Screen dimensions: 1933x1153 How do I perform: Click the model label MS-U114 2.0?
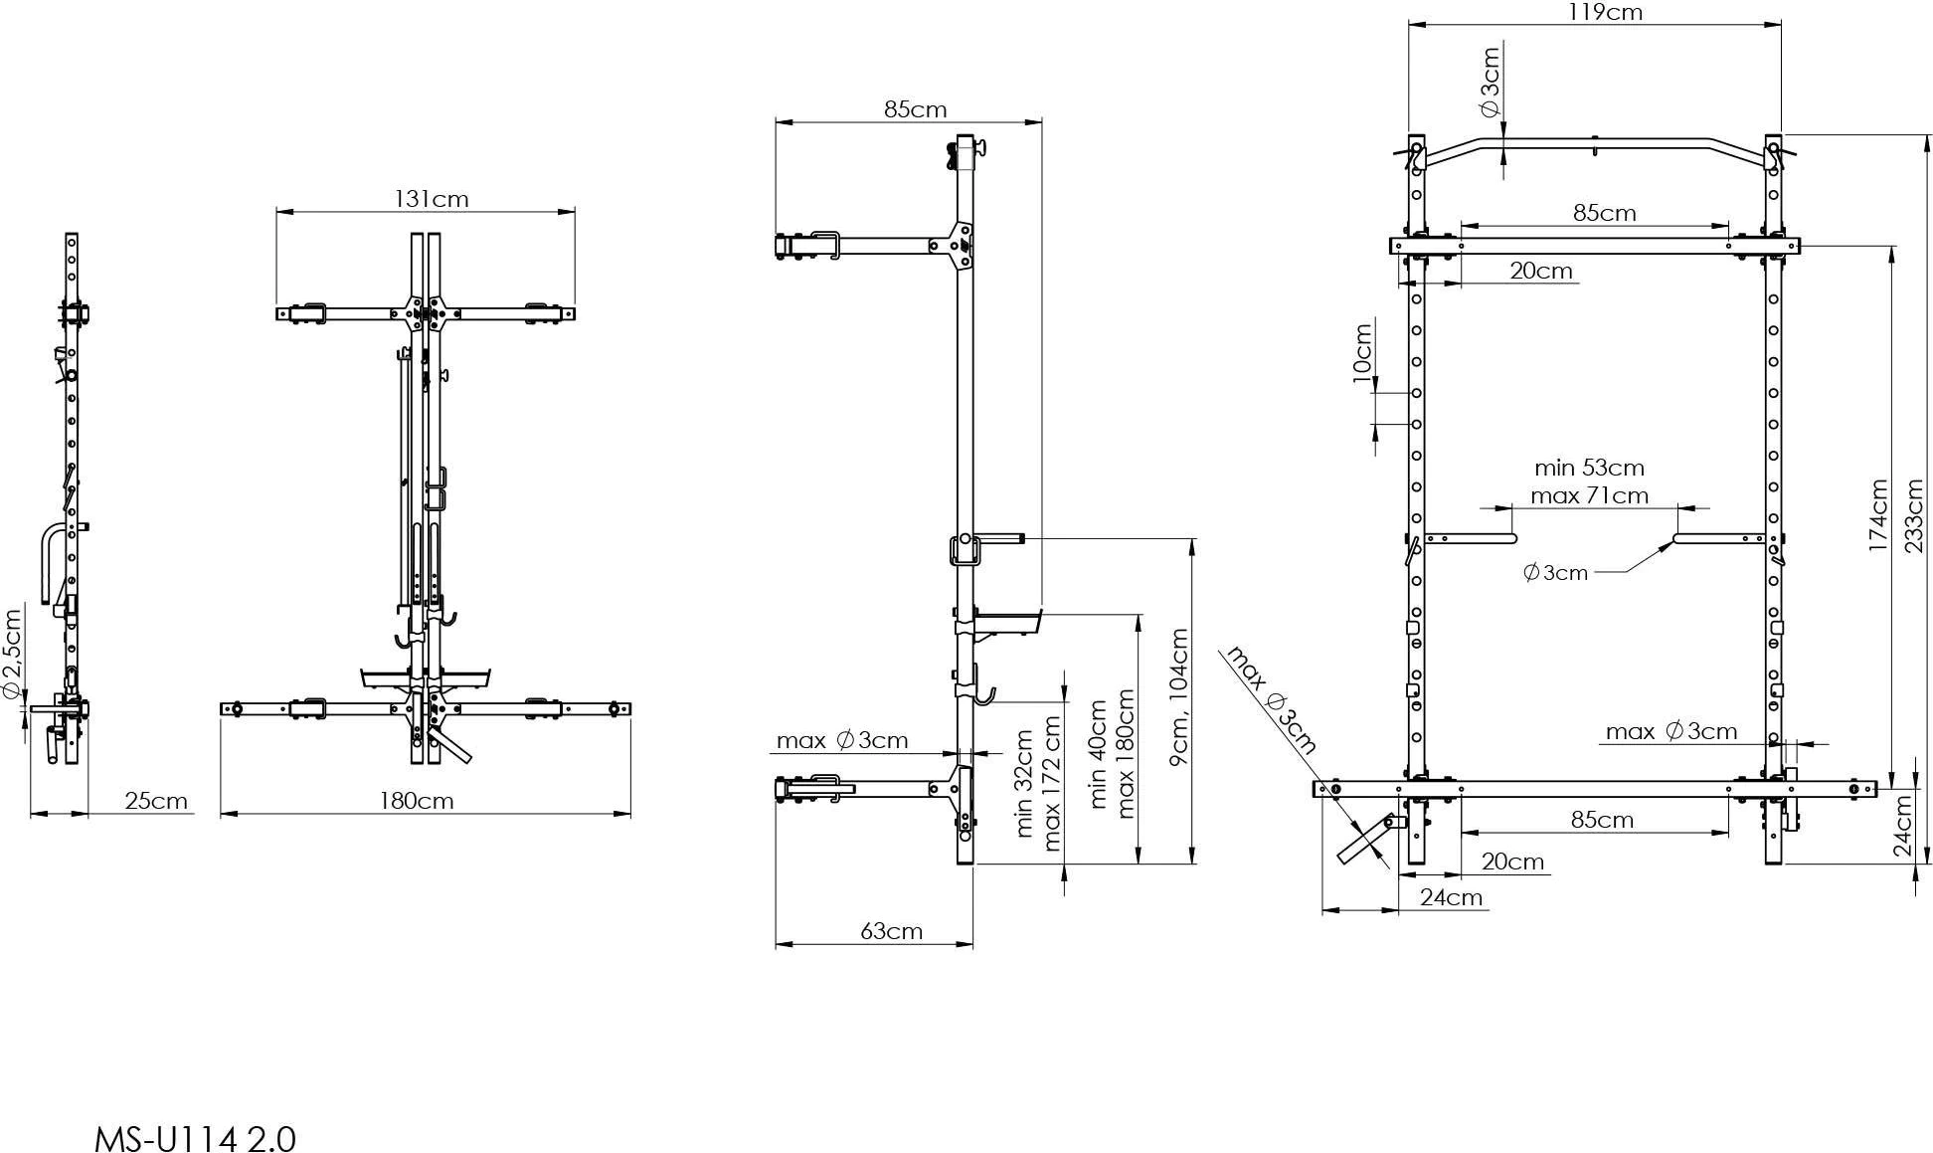point(195,1137)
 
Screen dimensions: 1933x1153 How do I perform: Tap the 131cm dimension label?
point(432,199)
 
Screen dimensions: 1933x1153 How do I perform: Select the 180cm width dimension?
point(417,801)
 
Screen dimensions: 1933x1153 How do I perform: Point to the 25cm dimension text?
point(156,801)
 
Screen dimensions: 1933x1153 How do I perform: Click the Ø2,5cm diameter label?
point(12,654)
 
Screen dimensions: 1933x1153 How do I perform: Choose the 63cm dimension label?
point(891,931)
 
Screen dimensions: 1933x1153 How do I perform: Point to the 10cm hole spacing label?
point(1362,347)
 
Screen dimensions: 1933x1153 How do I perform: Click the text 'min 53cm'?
point(1589,468)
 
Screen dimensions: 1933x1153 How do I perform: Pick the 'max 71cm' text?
point(1589,495)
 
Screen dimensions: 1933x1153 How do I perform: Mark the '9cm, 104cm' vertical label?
point(1179,696)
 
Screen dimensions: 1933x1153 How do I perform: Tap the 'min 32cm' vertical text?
point(1026,784)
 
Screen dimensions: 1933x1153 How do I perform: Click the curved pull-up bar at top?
point(1595,144)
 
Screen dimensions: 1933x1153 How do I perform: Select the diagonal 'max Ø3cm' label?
point(1272,700)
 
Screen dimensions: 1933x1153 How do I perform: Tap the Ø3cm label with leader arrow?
point(1555,572)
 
